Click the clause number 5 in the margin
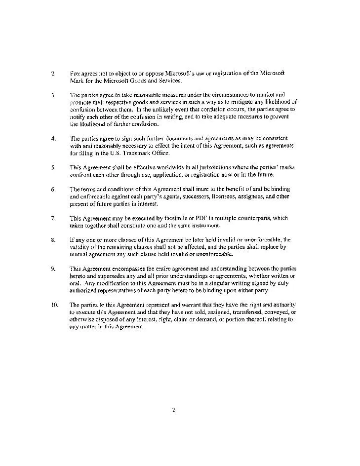tap(53, 167)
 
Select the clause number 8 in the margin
tap(53, 240)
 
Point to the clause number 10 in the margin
tap(54, 305)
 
